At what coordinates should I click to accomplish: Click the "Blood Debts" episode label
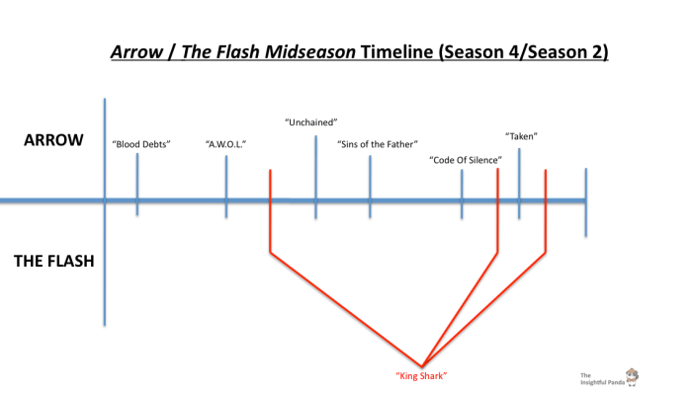click(x=141, y=144)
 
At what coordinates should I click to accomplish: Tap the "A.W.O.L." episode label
click(x=225, y=144)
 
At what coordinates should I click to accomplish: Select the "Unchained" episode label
click(x=311, y=122)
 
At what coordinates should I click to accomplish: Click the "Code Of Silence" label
click(x=465, y=159)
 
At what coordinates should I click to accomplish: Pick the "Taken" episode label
click(x=521, y=135)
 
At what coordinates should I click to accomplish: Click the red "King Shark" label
click(x=422, y=376)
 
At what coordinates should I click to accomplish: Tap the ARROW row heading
click(x=52, y=142)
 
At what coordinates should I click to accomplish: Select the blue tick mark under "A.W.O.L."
click(x=226, y=183)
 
